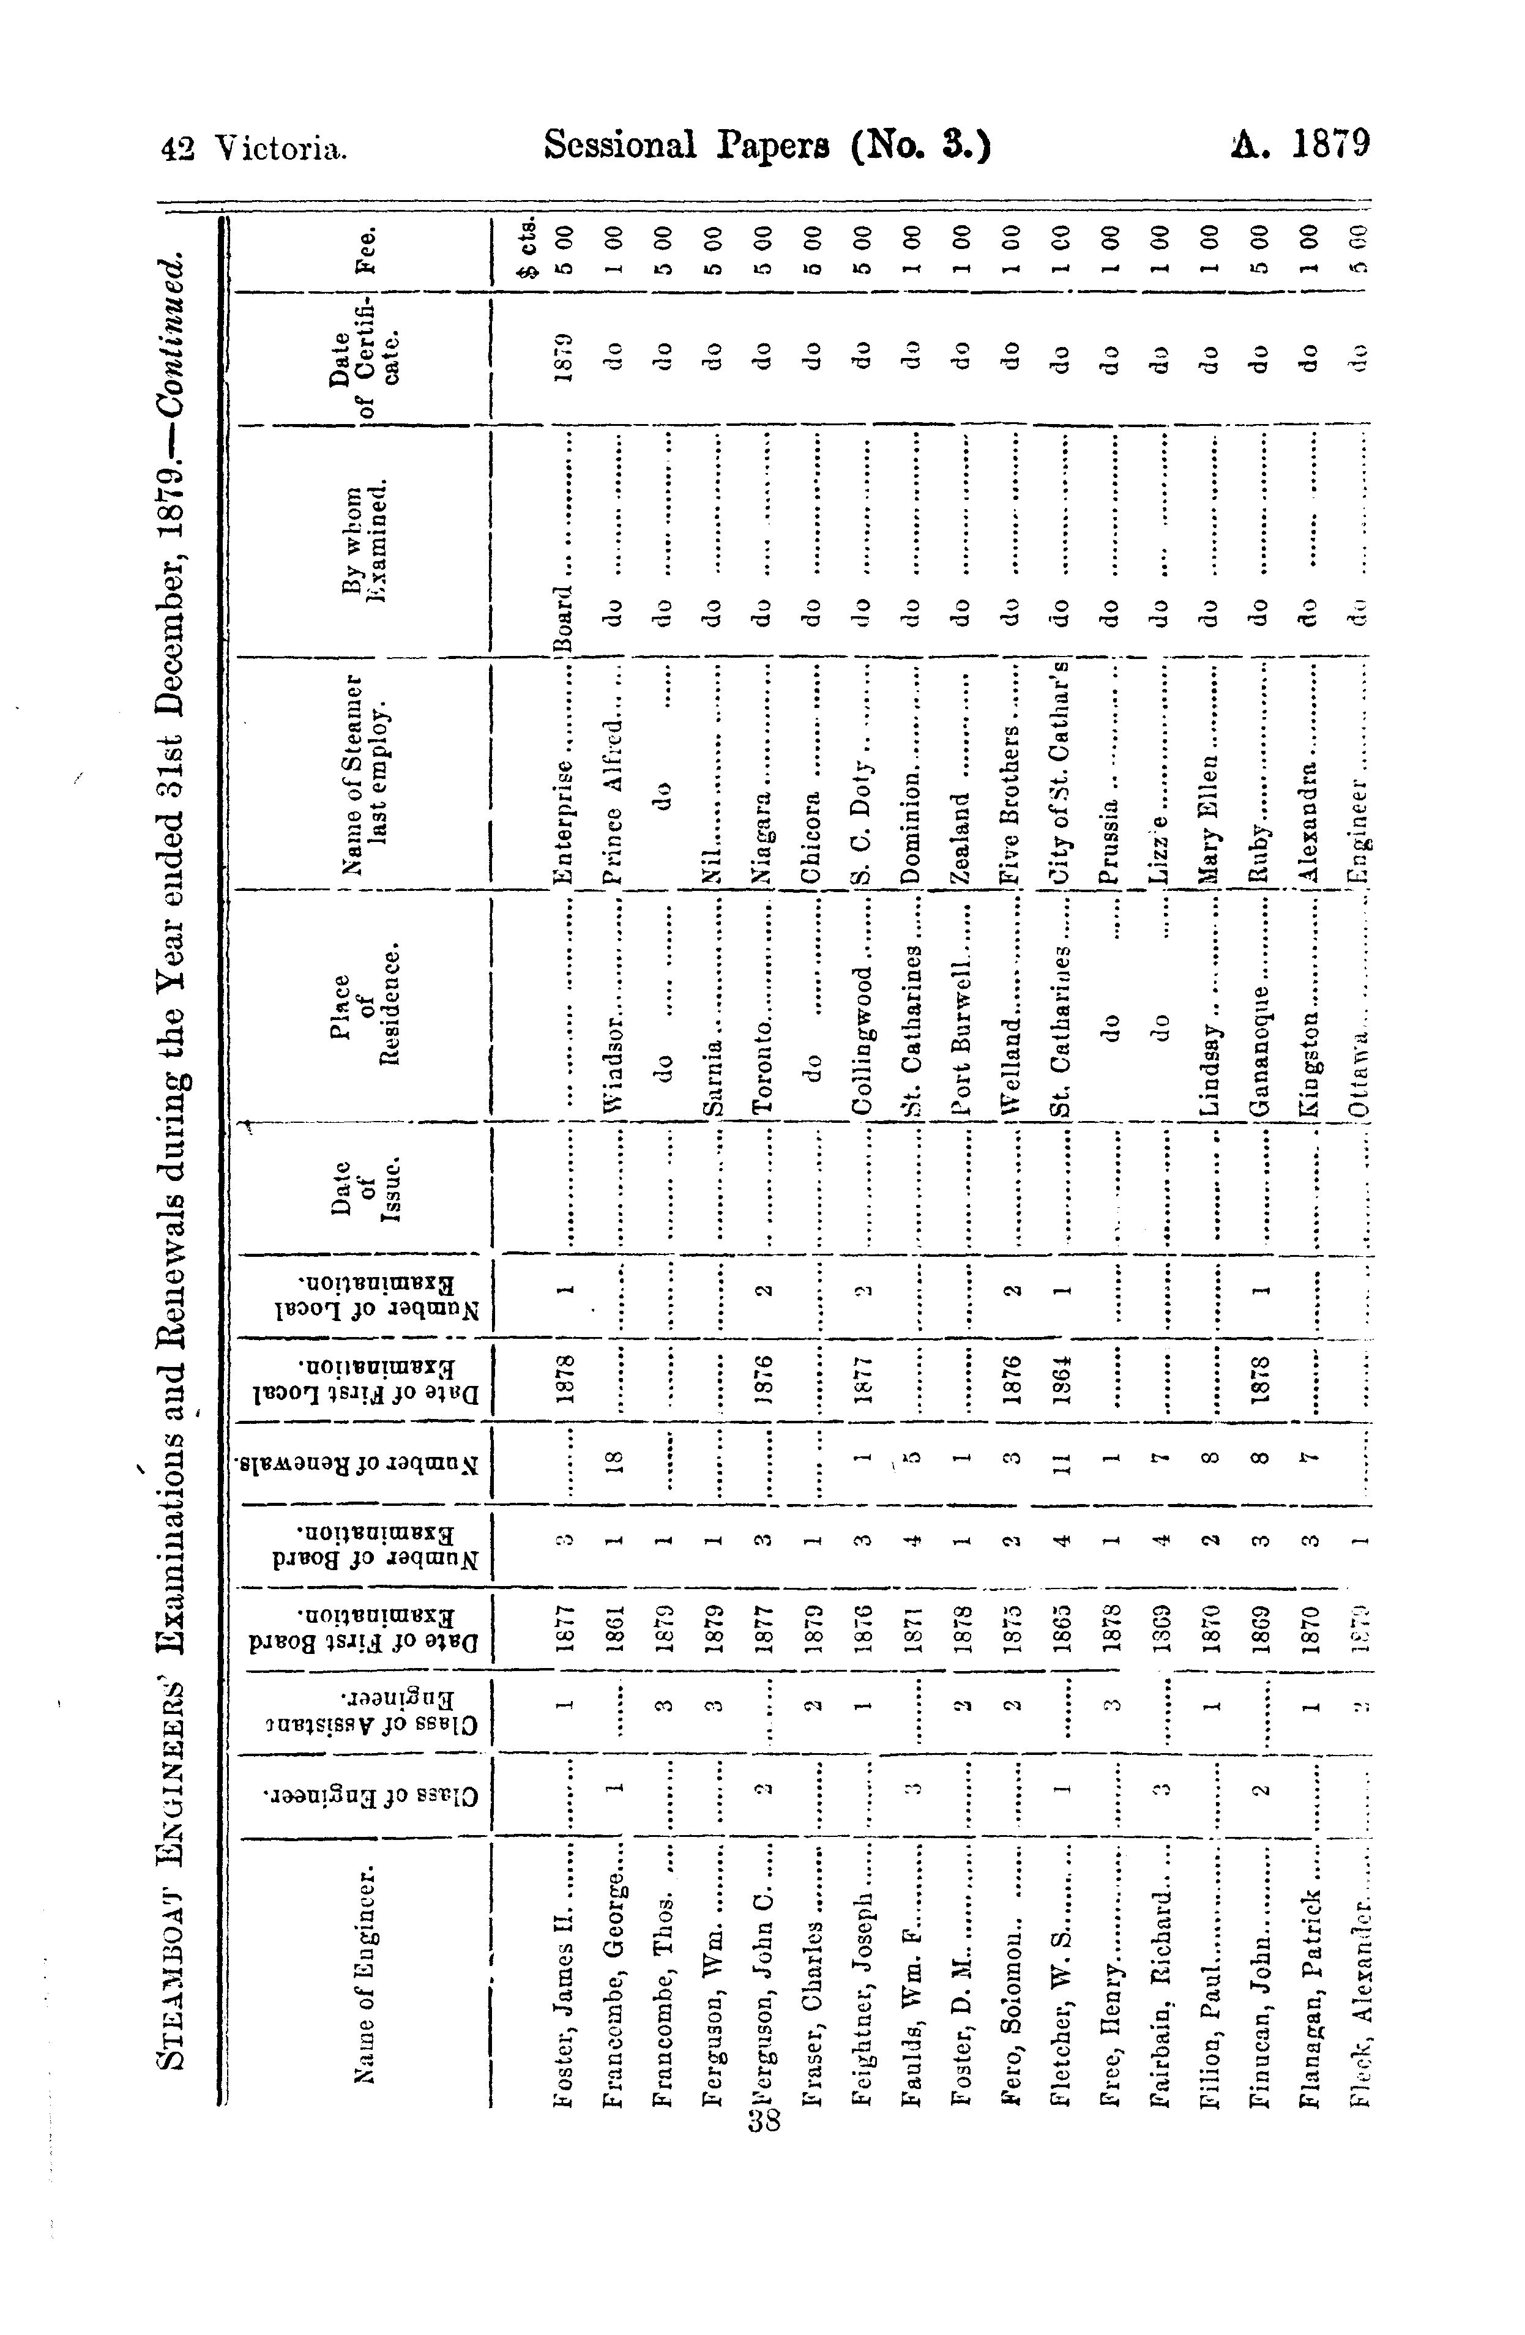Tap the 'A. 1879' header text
[1289, 147]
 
